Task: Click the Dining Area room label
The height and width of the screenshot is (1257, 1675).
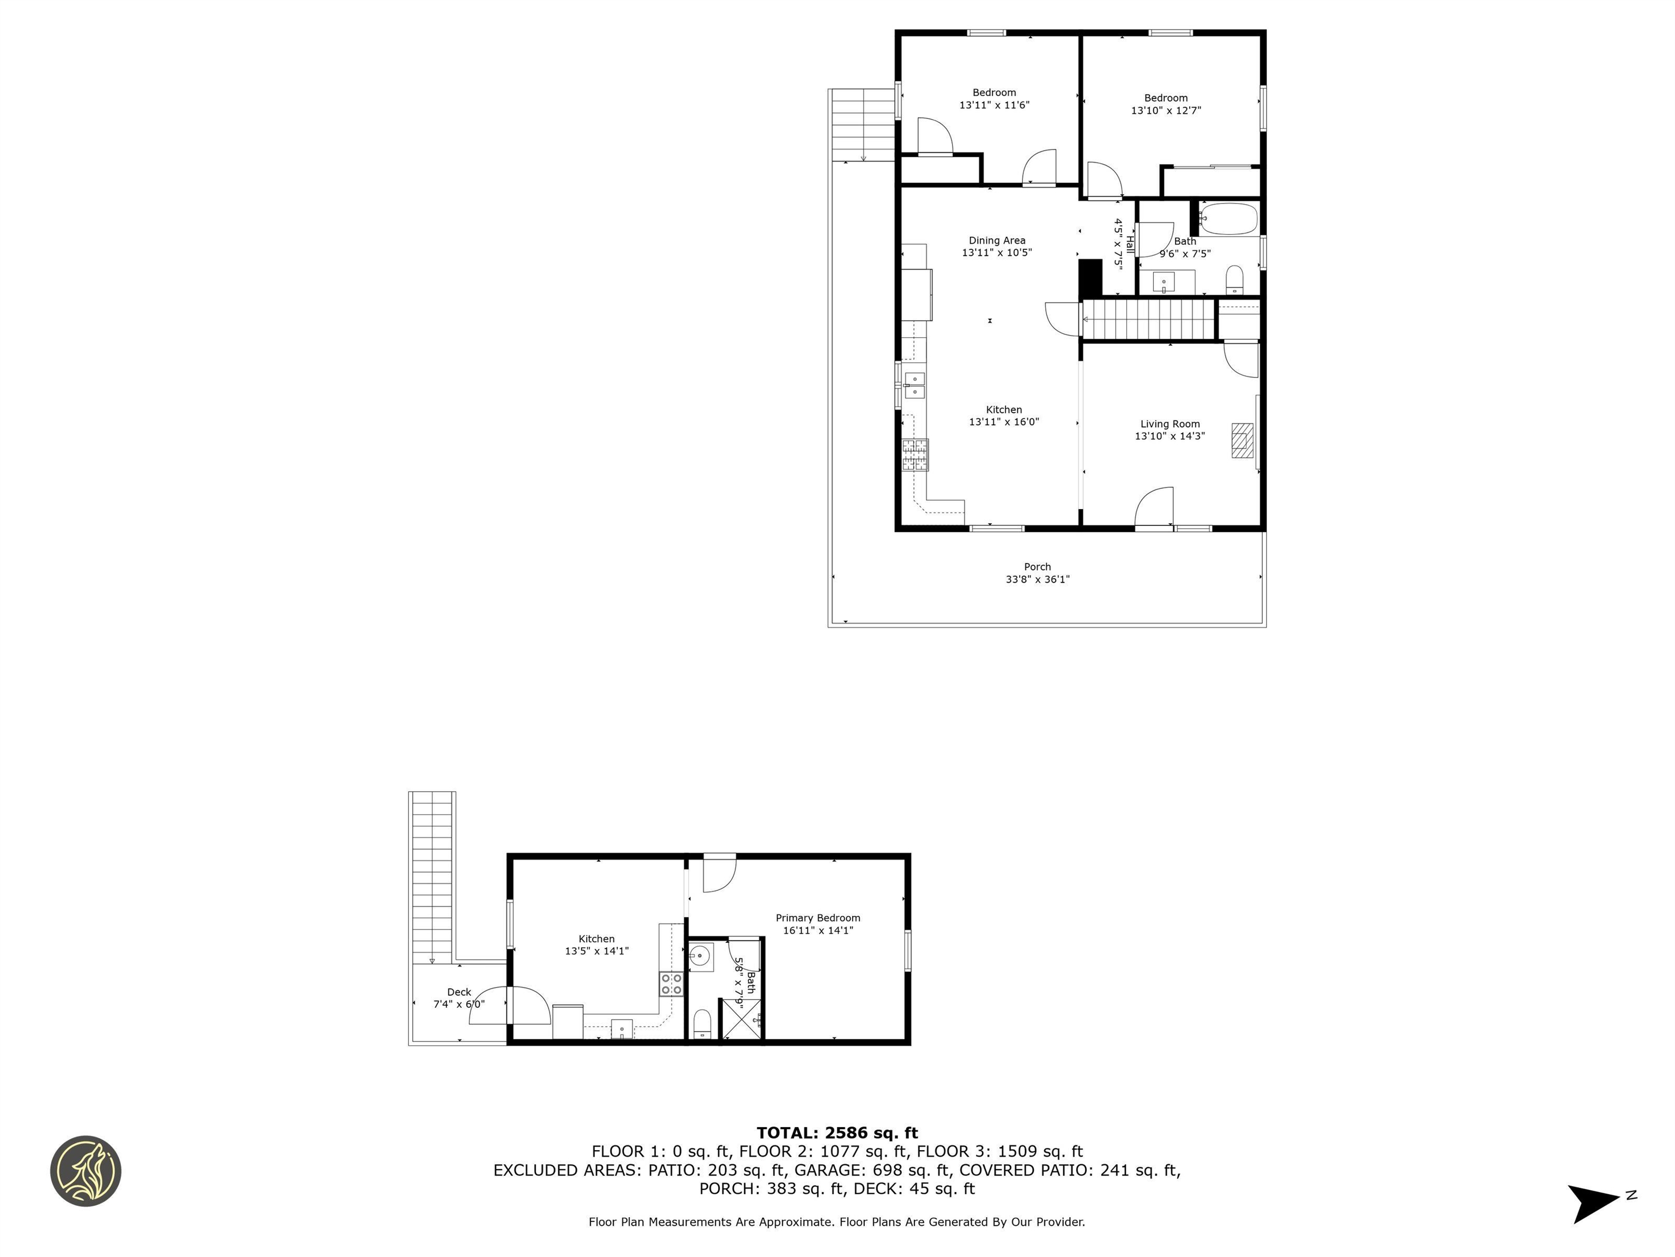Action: pos(997,240)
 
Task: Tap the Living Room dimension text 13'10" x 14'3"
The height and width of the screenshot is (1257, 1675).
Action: pos(1169,436)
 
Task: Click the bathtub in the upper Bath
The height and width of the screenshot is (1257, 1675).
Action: pos(1228,219)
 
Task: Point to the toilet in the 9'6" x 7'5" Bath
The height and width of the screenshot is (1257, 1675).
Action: pos(1234,279)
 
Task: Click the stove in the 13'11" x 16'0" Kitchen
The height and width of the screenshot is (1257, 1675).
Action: pos(915,454)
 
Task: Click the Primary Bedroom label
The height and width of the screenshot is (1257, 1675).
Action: pos(818,918)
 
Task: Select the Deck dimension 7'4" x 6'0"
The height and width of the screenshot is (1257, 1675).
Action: pos(459,1004)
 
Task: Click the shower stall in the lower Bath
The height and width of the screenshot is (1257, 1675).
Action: pos(740,1019)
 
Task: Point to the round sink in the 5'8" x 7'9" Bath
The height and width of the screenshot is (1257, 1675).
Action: pos(701,957)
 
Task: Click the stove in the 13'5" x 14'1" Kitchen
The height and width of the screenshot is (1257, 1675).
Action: pos(671,984)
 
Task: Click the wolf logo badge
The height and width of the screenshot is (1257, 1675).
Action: pos(86,1171)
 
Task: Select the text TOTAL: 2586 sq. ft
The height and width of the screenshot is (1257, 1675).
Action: pos(837,1133)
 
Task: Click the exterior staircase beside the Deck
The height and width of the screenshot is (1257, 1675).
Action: pos(432,875)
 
